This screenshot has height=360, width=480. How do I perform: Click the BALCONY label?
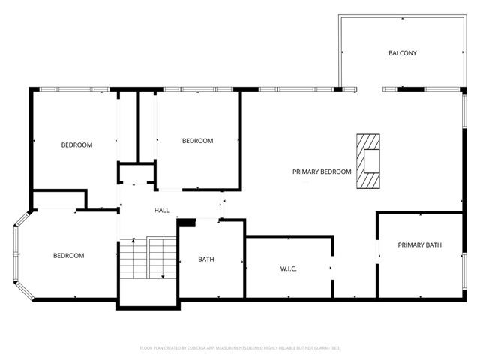click(402, 53)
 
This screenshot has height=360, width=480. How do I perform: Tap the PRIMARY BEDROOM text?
click(322, 172)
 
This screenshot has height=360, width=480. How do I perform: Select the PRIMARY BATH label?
click(419, 244)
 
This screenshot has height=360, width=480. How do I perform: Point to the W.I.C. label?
click(289, 268)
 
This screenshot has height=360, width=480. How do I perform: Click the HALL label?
click(162, 211)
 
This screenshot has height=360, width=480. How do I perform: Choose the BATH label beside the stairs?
click(206, 259)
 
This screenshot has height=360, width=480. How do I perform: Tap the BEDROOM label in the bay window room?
click(68, 256)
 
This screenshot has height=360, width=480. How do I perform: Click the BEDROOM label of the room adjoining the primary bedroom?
click(198, 141)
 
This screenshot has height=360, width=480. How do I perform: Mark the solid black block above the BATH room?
click(187, 222)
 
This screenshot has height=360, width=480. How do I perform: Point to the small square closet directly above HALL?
click(136, 174)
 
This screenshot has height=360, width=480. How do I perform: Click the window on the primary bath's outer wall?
click(463, 266)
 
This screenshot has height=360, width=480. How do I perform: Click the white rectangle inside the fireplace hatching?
click(370, 161)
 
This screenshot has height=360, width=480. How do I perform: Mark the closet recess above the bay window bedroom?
click(59, 199)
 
